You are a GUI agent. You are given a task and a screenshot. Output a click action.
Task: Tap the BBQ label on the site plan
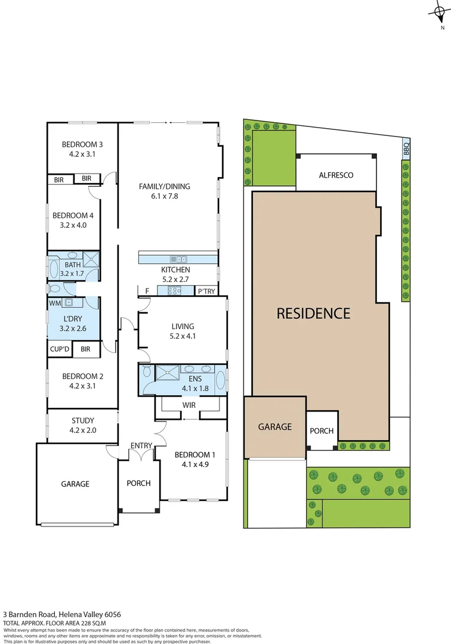coord(406,148)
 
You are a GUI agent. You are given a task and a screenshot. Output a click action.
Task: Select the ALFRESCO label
coord(336,175)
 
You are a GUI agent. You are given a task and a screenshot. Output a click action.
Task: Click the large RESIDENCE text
coord(313,313)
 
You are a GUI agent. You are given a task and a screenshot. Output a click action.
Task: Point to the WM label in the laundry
coord(54,304)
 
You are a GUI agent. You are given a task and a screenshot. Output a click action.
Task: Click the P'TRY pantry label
coord(206,291)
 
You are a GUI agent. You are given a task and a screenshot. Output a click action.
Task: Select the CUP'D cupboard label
coord(60,349)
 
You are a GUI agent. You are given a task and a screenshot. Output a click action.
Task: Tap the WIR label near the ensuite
coord(189,405)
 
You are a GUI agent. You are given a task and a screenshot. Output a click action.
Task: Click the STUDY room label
coord(82,420)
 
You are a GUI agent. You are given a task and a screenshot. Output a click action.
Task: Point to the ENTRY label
coord(141,445)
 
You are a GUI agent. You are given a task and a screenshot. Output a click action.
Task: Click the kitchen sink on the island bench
coord(178,259)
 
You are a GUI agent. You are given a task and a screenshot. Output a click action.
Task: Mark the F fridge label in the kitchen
coord(147,291)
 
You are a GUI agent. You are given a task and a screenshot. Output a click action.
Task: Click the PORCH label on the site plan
coord(322,431)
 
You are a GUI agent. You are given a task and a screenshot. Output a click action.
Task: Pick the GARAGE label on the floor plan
coord(75,484)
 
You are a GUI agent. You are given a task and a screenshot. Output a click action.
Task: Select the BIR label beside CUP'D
coord(85,349)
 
